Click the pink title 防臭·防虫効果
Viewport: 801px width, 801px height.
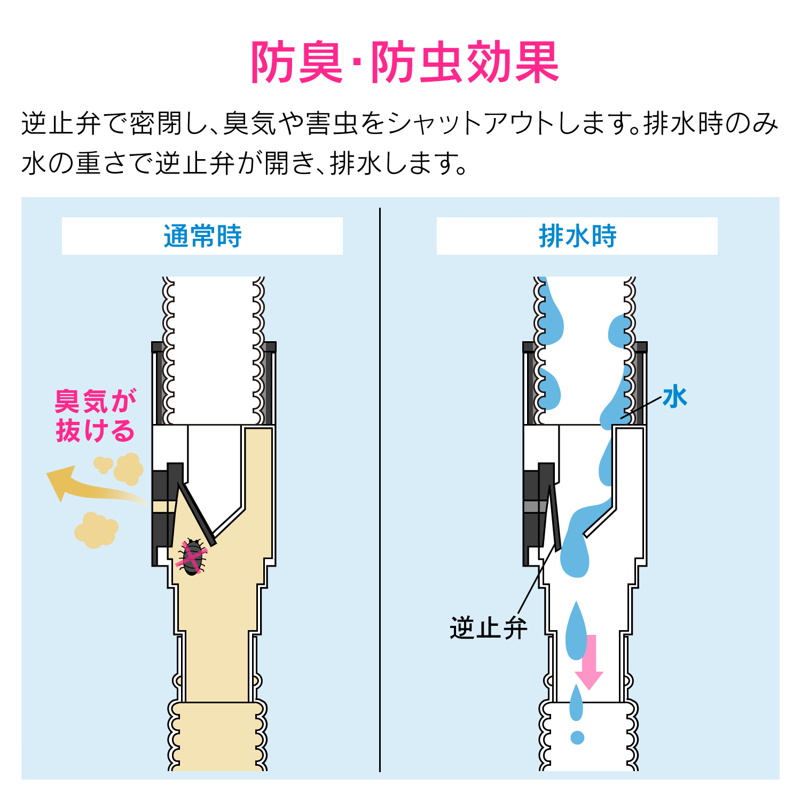405,63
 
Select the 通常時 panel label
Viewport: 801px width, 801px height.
202,236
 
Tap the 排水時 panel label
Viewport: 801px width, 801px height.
577,236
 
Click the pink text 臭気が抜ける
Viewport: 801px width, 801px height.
95,415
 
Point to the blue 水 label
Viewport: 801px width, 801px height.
674,397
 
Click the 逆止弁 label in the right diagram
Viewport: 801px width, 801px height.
488,628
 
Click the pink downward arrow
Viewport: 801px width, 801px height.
590,662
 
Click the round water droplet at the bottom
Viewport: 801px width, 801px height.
577,737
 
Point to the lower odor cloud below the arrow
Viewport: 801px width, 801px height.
96,530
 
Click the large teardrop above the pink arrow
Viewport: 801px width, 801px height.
576,633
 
